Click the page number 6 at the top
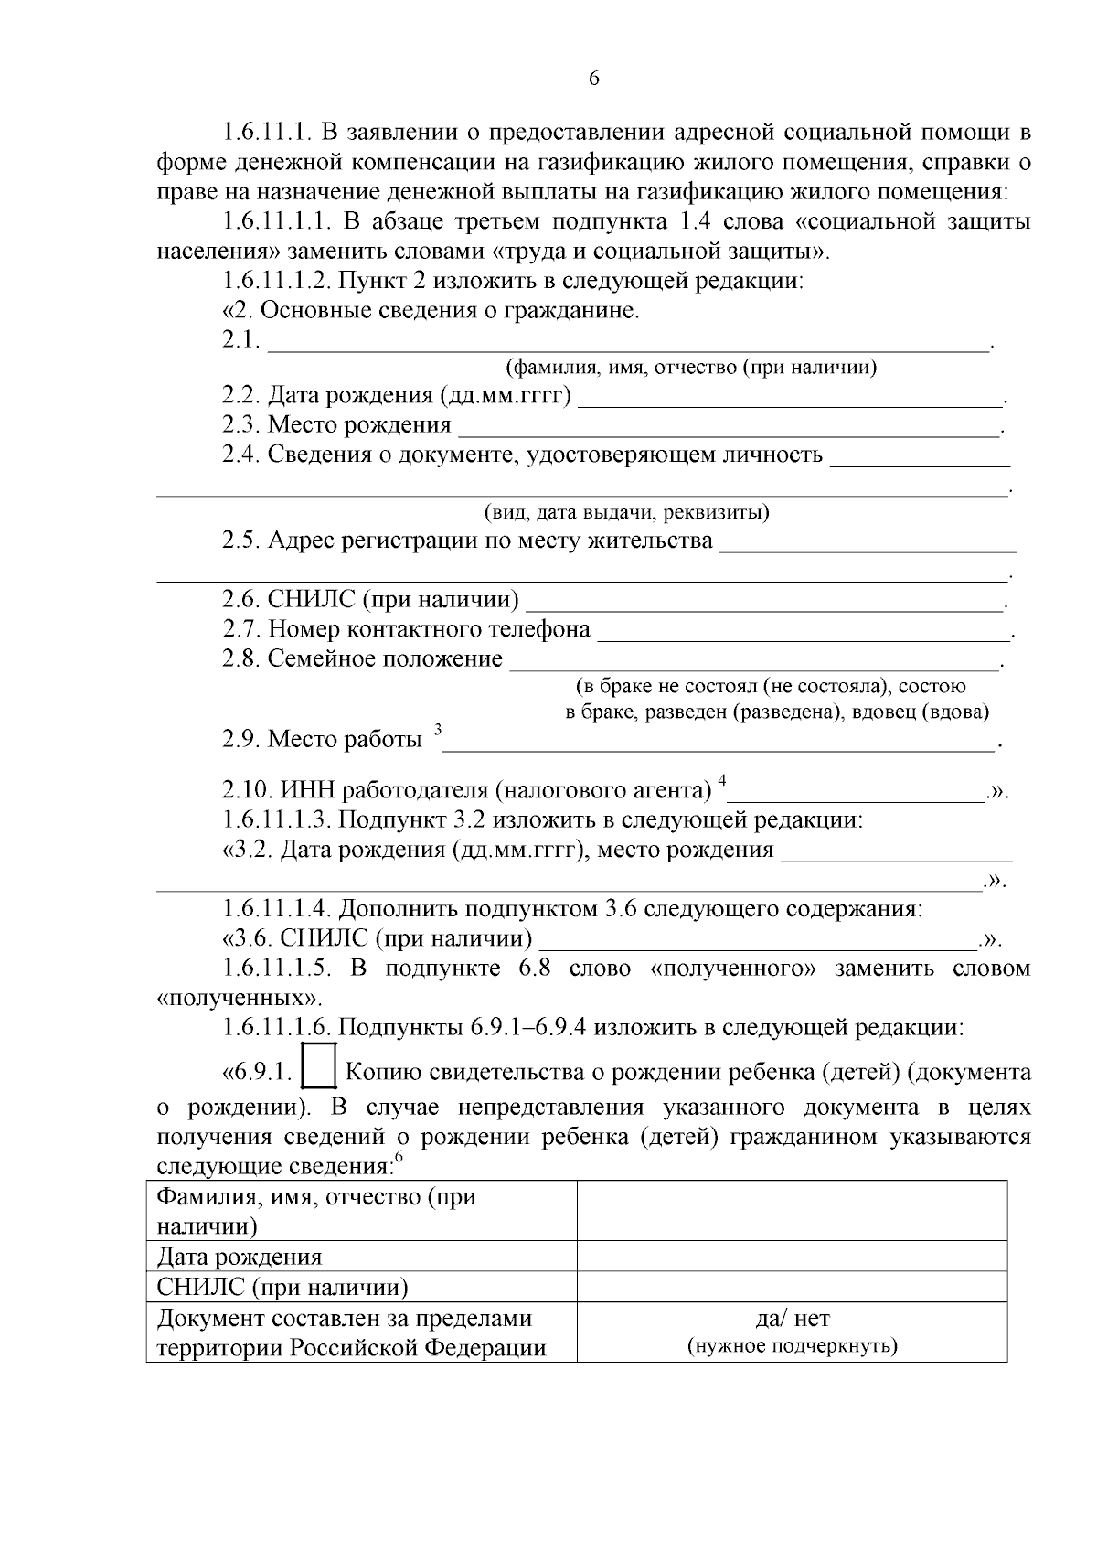tap(594, 80)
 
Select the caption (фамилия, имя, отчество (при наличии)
tap(691, 368)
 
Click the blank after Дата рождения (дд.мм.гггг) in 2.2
tap(791, 398)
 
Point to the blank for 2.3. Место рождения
tap(729, 427)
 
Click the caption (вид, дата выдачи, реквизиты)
tap(626, 512)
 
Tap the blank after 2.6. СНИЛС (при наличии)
tap(764, 603)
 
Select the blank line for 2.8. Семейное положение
tap(754, 661)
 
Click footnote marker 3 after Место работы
tap(438, 729)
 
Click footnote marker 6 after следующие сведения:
tap(399, 1157)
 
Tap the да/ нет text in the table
tap(792, 1319)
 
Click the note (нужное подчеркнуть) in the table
tap(792, 1346)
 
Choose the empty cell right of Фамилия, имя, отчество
tap(792, 1210)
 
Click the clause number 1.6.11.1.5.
tap(275, 969)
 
